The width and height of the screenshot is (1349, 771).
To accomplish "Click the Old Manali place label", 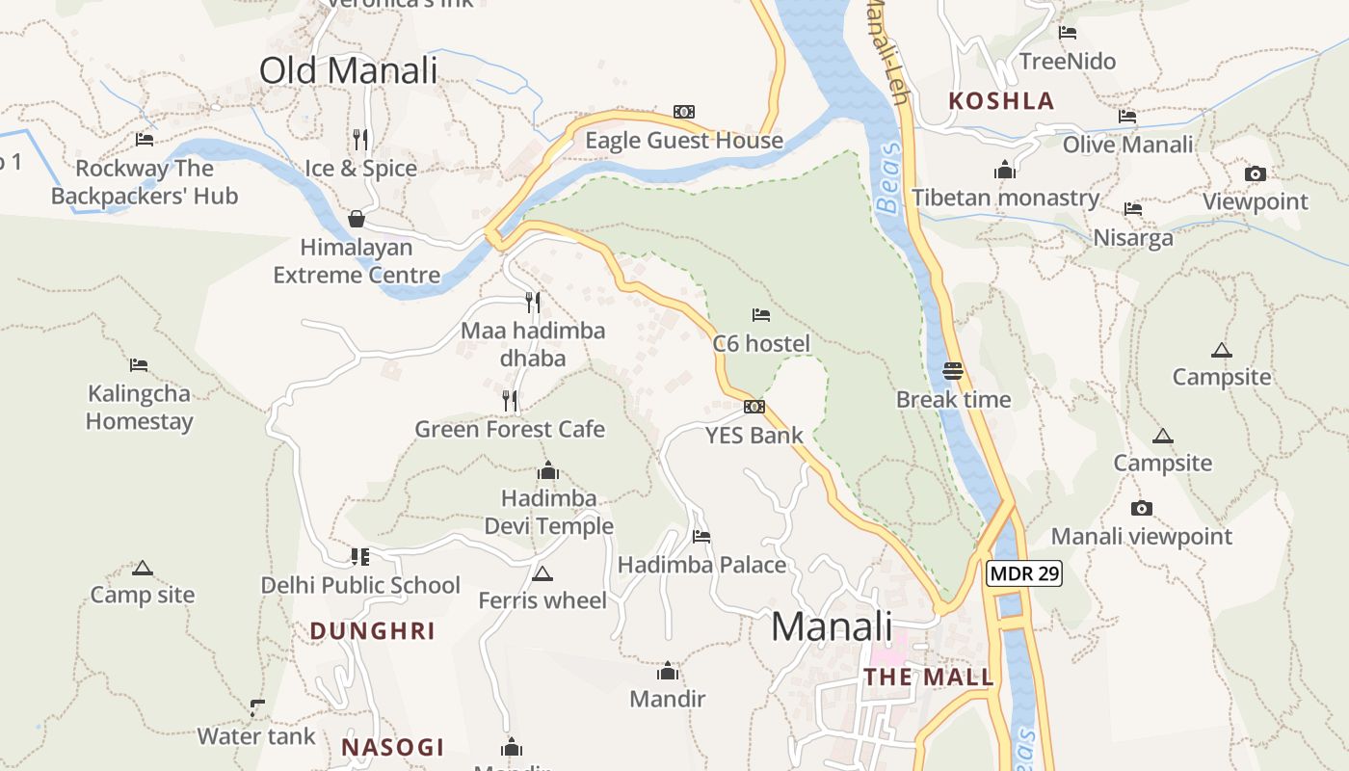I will point(348,70).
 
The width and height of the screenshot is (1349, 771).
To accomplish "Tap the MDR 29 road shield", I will point(1024,573).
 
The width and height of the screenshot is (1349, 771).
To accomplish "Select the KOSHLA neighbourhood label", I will point(1001,101).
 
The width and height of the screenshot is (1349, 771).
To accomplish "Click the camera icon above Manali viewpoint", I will point(1142,508).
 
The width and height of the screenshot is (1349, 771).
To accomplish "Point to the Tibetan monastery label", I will point(1005,198).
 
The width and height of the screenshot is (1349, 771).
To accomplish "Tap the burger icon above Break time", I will point(953,371).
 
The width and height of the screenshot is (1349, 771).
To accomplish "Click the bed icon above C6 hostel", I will point(761,314).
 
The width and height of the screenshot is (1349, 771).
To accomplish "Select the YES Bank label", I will point(754,436).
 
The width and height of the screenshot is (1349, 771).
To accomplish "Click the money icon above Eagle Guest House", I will point(684,112).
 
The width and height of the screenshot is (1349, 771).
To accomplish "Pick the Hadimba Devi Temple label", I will point(548,512).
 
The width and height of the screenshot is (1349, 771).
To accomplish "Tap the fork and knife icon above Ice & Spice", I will point(360,140).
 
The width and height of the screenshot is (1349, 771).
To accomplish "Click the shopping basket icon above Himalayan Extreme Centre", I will point(357,219).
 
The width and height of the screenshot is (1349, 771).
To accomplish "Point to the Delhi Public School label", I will point(360,585).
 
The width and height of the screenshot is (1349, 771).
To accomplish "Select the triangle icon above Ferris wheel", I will point(542,574).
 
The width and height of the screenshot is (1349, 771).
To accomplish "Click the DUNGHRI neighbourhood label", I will point(372,631).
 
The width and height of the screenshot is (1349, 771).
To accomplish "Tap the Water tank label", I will point(256,736).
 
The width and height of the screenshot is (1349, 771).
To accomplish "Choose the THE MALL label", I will point(928,677).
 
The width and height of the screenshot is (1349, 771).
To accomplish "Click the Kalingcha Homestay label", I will point(140,407).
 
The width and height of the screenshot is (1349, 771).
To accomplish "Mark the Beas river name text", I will point(891,177).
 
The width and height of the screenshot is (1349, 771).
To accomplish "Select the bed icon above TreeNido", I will point(1068,33).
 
